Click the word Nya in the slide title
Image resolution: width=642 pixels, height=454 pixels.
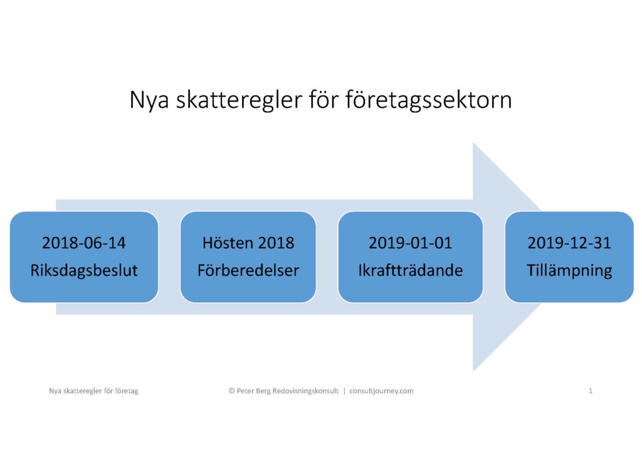(149, 100)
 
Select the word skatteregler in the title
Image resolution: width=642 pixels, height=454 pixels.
(239, 100)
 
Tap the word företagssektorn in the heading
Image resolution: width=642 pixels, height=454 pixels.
(429, 100)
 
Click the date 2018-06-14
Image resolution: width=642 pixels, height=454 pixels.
(84, 243)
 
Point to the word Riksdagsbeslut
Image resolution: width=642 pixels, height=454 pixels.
(84, 270)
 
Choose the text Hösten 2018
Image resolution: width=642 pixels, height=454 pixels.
(248, 243)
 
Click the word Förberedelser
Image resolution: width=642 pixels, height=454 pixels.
(248, 270)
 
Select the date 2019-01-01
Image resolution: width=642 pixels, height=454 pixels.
(410, 243)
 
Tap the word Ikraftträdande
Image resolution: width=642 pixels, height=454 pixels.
(410, 270)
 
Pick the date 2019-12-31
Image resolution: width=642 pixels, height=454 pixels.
(569, 243)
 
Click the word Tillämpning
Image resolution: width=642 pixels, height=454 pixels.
(569, 271)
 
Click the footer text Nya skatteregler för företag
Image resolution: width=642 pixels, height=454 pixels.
(94, 391)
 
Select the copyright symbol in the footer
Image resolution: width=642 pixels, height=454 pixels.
(232, 391)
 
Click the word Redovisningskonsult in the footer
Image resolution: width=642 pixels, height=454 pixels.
(305, 391)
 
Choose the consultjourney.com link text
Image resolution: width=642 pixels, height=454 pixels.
(381, 391)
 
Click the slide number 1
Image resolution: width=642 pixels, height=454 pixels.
(591, 391)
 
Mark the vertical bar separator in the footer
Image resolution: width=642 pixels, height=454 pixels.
(344, 391)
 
